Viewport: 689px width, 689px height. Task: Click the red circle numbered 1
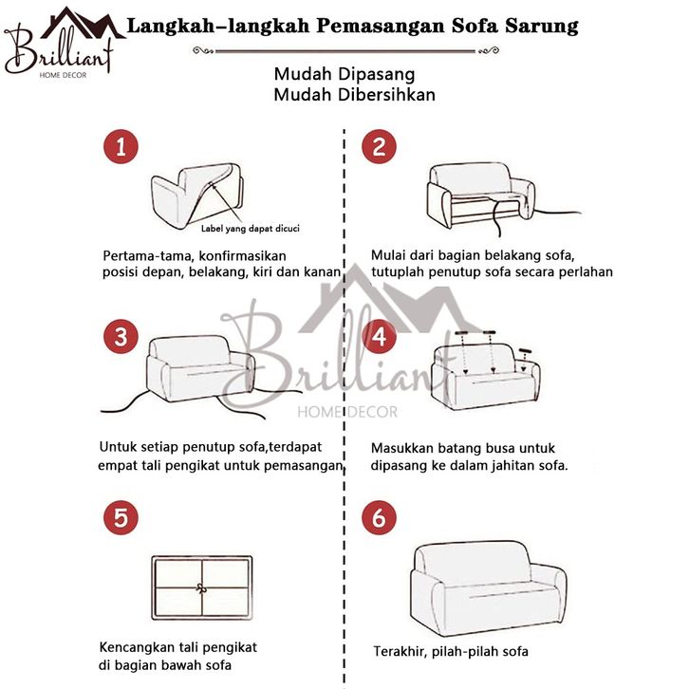(121, 147)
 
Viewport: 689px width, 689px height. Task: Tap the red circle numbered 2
(379, 147)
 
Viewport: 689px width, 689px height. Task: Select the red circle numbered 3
(121, 337)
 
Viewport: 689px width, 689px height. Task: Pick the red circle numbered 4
(379, 337)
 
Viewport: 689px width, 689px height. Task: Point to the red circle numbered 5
(121, 517)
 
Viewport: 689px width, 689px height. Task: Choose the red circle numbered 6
(379, 517)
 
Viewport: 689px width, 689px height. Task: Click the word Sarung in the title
(541, 27)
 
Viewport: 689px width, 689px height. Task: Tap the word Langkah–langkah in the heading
(218, 27)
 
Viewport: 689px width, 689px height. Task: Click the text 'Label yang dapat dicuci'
(250, 229)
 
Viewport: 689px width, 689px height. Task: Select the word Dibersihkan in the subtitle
(386, 95)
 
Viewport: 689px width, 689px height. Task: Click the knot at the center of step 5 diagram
(202, 588)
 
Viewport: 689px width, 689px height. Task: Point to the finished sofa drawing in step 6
(488, 588)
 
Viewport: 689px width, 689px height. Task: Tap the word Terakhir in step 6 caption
(400, 652)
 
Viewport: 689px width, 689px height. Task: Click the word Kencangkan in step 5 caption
(138, 647)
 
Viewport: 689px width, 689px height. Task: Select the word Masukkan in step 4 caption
(400, 448)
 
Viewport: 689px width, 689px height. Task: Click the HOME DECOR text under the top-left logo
(63, 75)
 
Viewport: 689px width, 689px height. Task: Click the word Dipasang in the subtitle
(376, 74)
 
